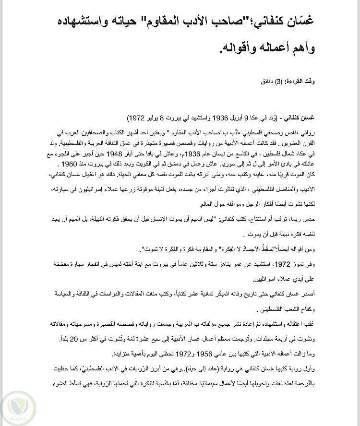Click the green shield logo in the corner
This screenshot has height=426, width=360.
[x=18, y=408]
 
